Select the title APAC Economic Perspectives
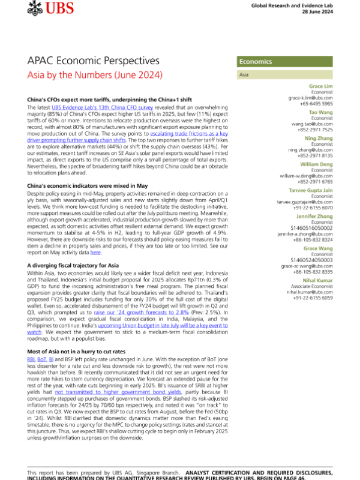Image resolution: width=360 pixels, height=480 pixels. click(94, 61)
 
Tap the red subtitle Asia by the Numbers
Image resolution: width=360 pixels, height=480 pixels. click(103, 76)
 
